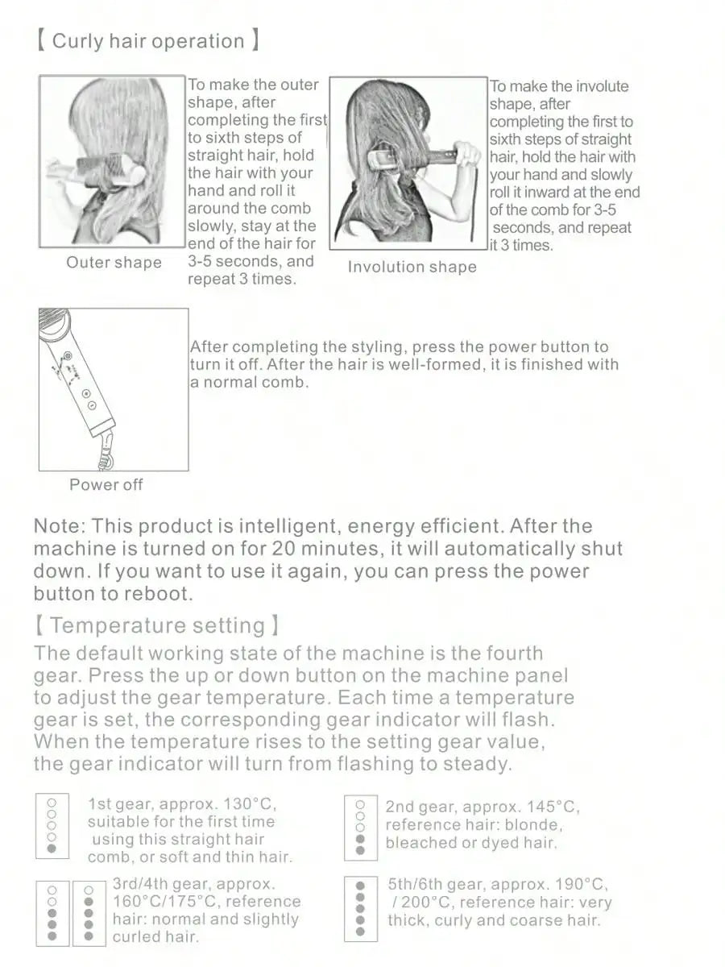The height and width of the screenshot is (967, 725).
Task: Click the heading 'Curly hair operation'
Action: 147,41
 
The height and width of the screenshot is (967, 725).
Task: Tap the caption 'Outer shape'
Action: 114,263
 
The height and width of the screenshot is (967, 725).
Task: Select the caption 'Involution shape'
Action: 412,267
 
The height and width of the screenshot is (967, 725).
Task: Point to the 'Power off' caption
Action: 106,484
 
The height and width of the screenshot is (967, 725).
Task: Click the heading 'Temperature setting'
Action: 157,625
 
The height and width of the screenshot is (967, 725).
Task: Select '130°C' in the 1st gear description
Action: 250,804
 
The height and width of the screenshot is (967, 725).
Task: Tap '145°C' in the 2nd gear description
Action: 553,807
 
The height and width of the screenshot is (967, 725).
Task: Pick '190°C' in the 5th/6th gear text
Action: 582,884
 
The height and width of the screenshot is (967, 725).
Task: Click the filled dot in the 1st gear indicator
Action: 52,848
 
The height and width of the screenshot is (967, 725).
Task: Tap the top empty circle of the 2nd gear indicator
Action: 360,805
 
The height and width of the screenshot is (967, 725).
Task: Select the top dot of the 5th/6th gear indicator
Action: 360,885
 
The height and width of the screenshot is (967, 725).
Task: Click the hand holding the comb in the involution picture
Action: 467,154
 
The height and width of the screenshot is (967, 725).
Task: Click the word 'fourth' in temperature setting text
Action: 515,654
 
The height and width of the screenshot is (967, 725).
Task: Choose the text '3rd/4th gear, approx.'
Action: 194,884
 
